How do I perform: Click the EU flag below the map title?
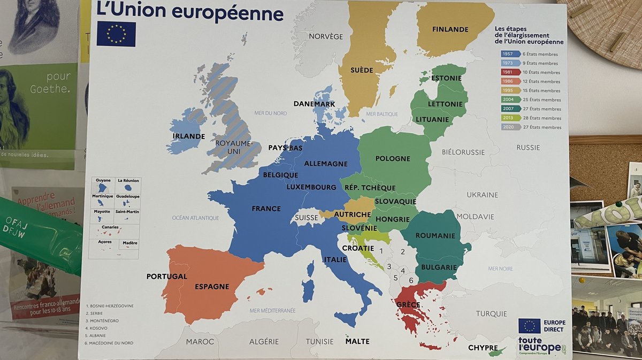pyautogui.click(x=116, y=34)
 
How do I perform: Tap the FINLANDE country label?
pyautogui.click(x=450, y=29)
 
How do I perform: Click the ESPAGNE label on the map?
pyautogui.click(x=212, y=286)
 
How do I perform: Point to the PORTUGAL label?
pyautogui.click(x=167, y=277)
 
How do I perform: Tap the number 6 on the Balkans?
pyautogui.click(x=410, y=280)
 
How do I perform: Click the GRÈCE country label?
pyautogui.click(x=408, y=305)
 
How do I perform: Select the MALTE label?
pyautogui.click(x=357, y=341)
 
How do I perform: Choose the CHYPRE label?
pyautogui.click(x=483, y=348)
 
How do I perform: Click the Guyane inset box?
pyautogui.click(x=103, y=185)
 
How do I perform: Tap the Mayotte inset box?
pyautogui.click(x=102, y=216)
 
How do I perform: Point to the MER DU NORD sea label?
pyautogui.click(x=270, y=113)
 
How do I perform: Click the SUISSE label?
pyautogui.click(x=307, y=218)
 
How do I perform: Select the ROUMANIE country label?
pyautogui.click(x=435, y=235)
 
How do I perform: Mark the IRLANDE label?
pyautogui.click(x=188, y=136)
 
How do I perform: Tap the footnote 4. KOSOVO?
pyautogui.click(x=97, y=328)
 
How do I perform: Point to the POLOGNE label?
pyautogui.click(x=393, y=158)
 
